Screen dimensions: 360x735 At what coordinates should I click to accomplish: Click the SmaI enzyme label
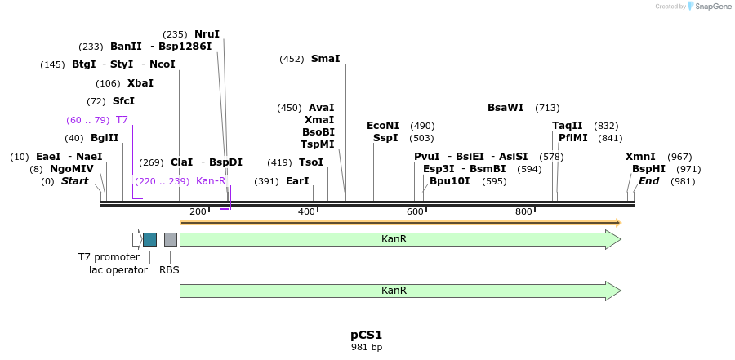325,59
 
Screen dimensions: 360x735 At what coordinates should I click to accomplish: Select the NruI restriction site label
207,34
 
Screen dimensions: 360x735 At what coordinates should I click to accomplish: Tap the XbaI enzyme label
140,83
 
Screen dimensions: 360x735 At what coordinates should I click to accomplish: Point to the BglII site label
105,138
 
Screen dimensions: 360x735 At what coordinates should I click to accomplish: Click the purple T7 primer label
122,120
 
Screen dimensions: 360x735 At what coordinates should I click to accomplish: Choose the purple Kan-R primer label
211,181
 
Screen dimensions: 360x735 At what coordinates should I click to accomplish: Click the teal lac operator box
149,239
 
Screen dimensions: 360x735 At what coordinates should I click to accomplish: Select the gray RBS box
170,239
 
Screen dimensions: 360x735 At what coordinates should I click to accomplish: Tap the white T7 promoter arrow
136,239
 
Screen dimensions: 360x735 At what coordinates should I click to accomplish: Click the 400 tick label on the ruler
306,212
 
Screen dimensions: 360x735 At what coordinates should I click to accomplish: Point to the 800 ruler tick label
524,212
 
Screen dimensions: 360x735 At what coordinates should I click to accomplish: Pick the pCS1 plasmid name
366,335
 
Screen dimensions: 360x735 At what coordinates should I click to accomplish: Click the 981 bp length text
366,348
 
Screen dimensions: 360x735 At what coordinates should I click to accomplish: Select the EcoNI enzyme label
383,126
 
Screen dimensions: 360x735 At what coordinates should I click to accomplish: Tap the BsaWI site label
506,108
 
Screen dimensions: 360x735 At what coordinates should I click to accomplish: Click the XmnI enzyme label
640,157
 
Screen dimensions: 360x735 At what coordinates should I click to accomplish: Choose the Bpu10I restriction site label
449,181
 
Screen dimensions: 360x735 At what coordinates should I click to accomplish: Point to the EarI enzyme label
297,181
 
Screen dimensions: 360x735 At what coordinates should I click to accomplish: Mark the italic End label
648,181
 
